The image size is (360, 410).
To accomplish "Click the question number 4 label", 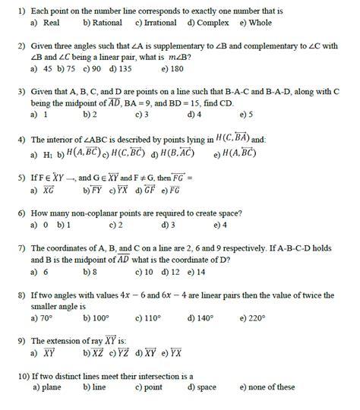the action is coord(22,140).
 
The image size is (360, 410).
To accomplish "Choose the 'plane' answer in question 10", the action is coord(51,387).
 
